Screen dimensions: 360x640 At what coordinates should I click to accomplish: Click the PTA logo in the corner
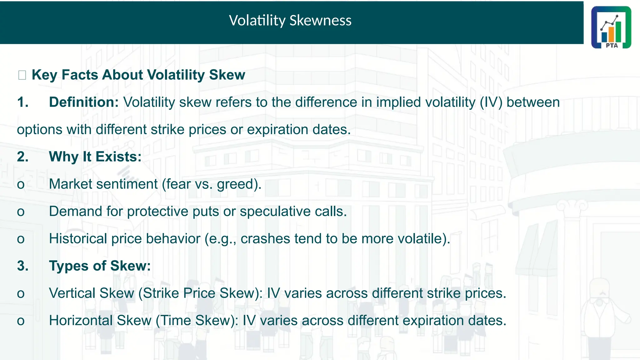click(x=611, y=27)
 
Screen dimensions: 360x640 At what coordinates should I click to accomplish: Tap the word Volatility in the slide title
click(x=257, y=21)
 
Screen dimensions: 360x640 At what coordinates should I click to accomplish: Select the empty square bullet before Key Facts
click(x=22, y=75)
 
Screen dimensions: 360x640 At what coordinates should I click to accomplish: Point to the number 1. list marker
click(x=23, y=102)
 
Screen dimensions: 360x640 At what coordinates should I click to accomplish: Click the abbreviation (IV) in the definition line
click(x=491, y=102)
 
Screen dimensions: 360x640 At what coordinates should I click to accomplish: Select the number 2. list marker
click(x=23, y=157)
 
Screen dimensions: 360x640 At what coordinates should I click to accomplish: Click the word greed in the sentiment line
click(x=237, y=184)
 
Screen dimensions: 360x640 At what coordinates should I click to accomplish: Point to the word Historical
click(x=78, y=239)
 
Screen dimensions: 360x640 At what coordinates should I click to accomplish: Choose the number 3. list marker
click(x=23, y=266)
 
